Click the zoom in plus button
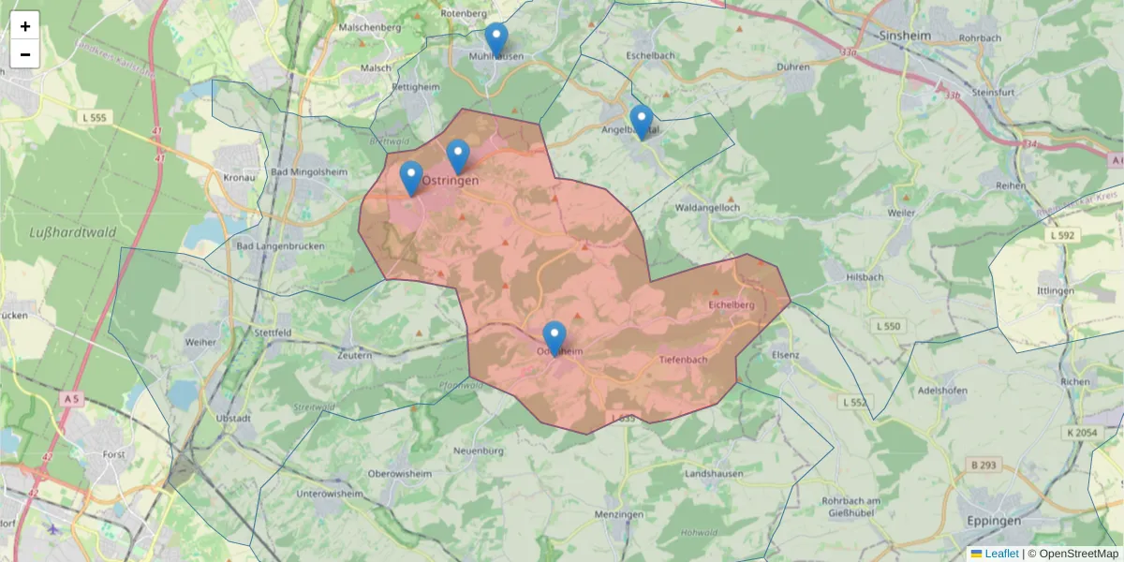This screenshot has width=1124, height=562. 25,26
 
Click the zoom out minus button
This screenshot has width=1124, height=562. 25,54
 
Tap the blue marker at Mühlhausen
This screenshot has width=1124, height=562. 496,40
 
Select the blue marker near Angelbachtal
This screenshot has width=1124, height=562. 641,122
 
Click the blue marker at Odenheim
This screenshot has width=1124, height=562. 555,337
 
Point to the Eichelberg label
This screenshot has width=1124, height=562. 732,305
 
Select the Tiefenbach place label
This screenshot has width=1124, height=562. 683,360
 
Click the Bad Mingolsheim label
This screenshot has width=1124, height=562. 304,173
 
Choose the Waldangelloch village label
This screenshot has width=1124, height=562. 707,207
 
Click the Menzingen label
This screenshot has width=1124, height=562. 619,515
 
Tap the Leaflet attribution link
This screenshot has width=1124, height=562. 1000,554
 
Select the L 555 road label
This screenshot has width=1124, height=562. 96,117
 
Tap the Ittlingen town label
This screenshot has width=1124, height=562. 1056,291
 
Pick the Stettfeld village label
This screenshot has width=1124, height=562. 274,332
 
